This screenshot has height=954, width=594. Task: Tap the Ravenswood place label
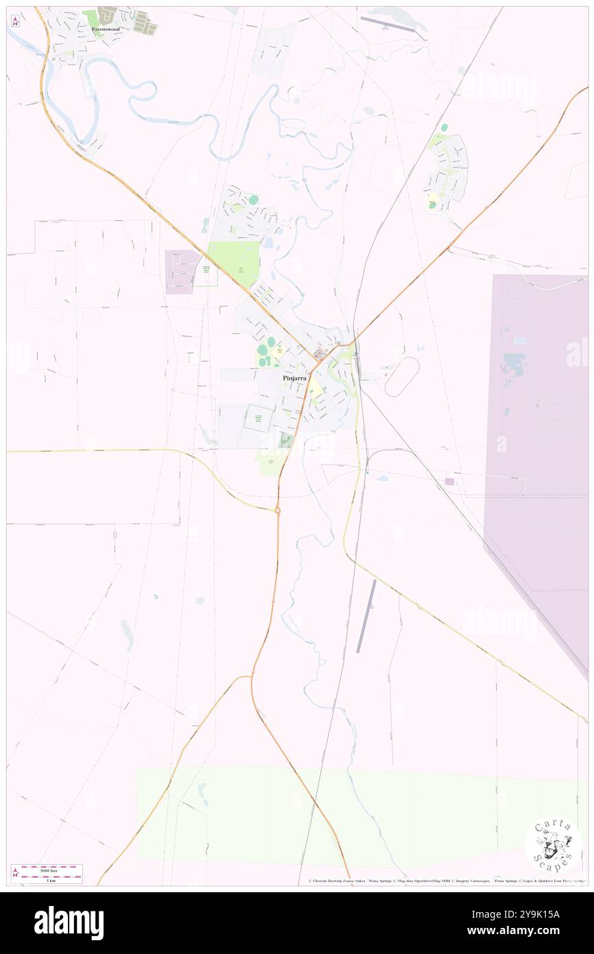pos(106,30)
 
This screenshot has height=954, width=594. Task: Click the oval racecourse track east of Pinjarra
pos(402,376)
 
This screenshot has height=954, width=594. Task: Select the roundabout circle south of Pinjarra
pos(278,511)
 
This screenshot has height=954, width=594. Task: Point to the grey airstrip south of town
pos(366,616)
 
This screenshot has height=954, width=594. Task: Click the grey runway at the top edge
pos(388,24)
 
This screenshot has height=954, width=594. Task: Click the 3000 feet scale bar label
pos(47,868)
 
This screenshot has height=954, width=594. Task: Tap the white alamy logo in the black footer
pos(69,922)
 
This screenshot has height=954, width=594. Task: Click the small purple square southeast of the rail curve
pos(449,481)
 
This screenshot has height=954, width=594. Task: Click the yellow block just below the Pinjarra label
pos(316,393)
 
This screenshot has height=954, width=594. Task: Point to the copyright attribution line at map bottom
pos(446,881)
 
